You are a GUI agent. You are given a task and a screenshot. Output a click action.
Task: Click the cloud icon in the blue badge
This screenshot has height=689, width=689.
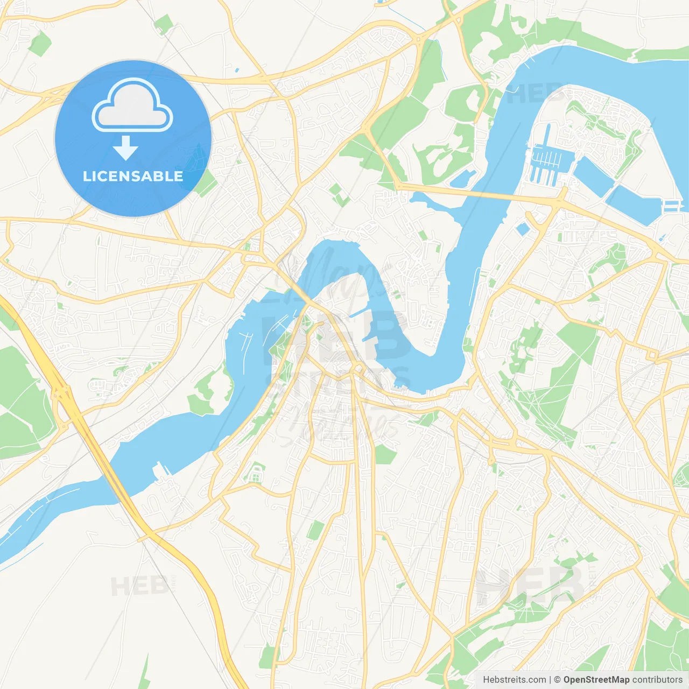click(132, 105)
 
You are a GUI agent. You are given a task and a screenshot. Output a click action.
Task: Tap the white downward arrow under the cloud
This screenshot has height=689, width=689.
click(125, 148)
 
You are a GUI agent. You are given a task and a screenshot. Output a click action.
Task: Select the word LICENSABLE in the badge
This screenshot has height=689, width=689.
click(133, 176)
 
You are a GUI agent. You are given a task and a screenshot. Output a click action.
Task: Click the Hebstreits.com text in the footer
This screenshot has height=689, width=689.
click(514, 680)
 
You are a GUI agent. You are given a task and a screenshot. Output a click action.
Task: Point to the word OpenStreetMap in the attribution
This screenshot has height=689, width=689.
click(596, 680)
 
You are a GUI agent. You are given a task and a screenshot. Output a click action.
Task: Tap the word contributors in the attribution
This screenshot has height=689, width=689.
click(657, 680)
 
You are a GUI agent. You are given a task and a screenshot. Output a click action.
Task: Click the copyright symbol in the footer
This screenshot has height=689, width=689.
click(557, 680)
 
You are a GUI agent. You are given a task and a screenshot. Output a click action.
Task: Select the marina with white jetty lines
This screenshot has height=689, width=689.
click(547, 159)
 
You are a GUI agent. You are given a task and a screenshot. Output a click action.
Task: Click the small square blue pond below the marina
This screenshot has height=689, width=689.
click(522, 229)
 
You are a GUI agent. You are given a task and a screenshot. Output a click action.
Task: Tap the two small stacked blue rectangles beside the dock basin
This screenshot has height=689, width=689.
click(672, 206)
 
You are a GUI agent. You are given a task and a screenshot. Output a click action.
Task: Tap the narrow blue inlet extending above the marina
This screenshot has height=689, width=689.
click(547, 137)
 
